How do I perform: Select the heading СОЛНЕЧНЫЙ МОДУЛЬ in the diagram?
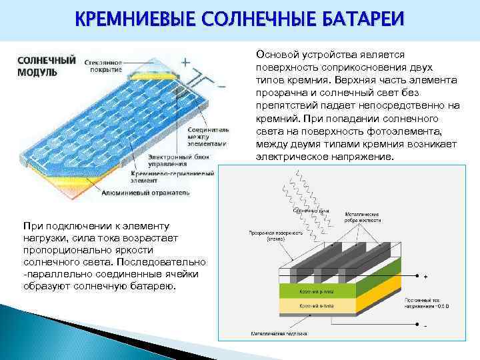(46, 65)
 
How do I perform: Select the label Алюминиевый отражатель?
(146, 192)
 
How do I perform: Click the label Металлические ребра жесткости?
(362, 217)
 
